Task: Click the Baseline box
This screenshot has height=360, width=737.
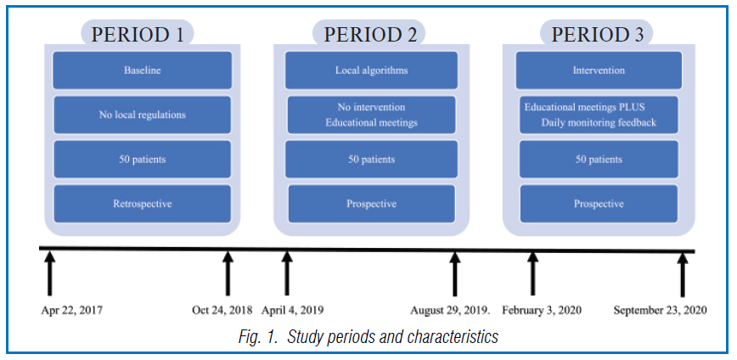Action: (x=142, y=70)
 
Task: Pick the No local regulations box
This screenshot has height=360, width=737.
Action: (x=142, y=115)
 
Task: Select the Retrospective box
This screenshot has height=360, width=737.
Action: (x=142, y=203)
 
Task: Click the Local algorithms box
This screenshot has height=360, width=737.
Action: (x=371, y=70)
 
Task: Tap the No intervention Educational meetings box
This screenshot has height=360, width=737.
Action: (x=371, y=115)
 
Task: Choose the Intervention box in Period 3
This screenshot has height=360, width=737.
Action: (x=598, y=70)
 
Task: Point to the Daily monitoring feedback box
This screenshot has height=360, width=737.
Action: (x=598, y=115)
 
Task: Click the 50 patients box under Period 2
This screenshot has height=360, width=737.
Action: (x=371, y=159)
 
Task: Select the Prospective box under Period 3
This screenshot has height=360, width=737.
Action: (x=598, y=203)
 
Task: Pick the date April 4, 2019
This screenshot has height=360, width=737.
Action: (x=293, y=311)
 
